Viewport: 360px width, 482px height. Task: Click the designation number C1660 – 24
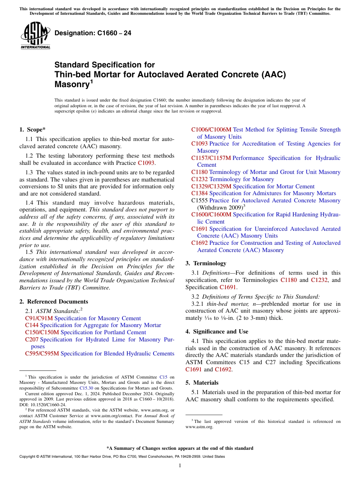(93, 33)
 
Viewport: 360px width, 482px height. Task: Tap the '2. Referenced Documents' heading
(53, 302)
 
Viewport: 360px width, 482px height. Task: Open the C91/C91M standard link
(39, 318)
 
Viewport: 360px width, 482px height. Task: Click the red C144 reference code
(32, 325)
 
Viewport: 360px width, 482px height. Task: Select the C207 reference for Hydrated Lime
(32, 340)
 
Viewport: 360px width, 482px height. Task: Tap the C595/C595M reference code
(42, 354)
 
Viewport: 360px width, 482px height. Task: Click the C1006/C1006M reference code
(211, 130)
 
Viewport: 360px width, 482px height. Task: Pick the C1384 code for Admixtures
(199, 193)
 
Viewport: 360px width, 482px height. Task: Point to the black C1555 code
(199, 200)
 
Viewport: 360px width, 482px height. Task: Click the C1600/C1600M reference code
(211, 215)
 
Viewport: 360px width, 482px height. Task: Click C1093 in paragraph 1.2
(146, 163)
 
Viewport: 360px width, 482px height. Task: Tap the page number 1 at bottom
(180, 465)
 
